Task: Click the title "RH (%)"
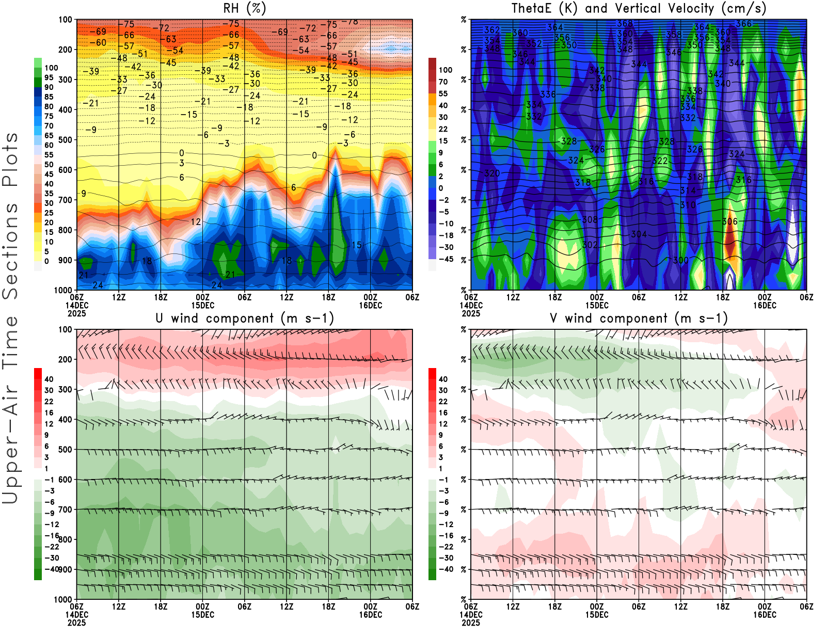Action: point(245,8)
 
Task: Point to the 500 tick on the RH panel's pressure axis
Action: point(65,139)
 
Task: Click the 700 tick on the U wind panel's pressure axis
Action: point(65,509)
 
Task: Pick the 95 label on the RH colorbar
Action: point(49,77)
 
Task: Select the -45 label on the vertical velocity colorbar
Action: point(446,259)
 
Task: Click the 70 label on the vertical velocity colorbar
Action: point(443,82)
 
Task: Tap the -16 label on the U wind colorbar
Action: point(52,536)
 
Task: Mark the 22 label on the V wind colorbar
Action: point(443,402)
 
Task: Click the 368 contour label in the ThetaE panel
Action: point(625,24)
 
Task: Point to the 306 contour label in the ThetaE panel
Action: point(729,221)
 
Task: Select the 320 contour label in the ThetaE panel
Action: point(492,173)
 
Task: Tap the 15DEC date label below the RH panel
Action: point(203,305)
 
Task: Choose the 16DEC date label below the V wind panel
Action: point(765,615)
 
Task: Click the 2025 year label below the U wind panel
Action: point(76,623)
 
